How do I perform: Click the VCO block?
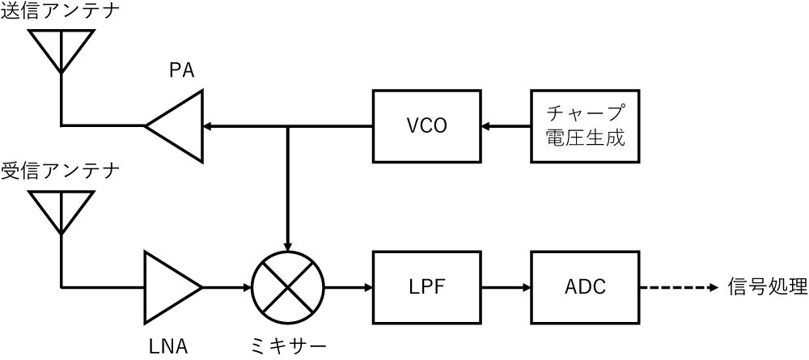click(x=426, y=125)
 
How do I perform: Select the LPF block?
click(x=426, y=287)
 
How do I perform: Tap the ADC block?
click(x=585, y=287)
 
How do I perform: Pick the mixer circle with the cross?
click(x=287, y=287)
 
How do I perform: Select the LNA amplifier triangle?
click(x=170, y=287)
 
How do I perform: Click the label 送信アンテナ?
click(x=60, y=14)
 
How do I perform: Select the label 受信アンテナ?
click(x=60, y=172)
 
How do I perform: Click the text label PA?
click(x=181, y=71)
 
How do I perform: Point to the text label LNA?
click(x=169, y=346)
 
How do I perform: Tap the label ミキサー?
click(x=288, y=346)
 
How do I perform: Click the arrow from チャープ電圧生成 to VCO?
click(x=506, y=125)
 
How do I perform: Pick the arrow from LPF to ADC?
click(x=506, y=287)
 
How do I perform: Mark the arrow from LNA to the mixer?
click(x=227, y=287)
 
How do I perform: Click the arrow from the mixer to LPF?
click(x=348, y=287)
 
